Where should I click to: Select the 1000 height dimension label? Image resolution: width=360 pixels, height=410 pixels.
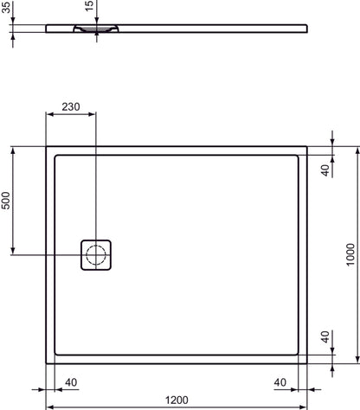[x=350, y=254]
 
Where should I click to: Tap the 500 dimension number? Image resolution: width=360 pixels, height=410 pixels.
[x=6, y=201]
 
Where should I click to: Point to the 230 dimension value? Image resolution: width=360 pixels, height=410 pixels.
[x=71, y=108]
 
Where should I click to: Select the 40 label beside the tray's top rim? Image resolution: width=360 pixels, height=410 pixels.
[x=325, y=170]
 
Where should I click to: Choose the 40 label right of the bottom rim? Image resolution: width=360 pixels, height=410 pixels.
[x=325, y=336]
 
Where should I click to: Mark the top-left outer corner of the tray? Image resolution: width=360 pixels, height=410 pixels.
[x=46, y=146]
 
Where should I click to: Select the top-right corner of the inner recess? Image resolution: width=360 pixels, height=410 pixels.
[x=299, y=156]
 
